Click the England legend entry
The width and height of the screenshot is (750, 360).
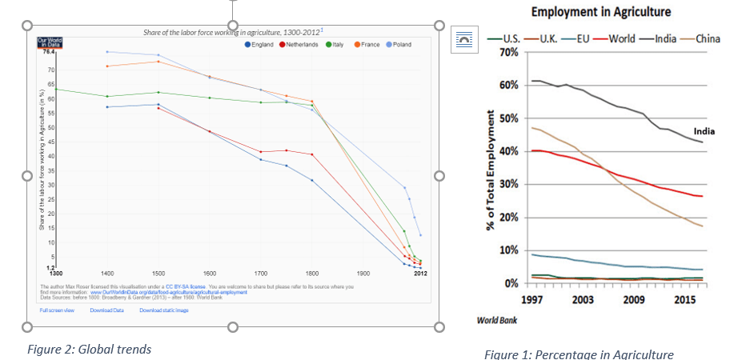(x=260, y=45)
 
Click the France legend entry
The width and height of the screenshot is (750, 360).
(x=367, y=45)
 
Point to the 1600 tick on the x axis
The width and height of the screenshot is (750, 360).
(x=211, y=274)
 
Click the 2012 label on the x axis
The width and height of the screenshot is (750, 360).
(x=420, y=274)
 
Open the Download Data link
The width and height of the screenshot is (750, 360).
(x=106, y=310)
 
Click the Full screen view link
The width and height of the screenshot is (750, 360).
(x=57, y=310)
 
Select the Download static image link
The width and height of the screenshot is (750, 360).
(x=164, y=310)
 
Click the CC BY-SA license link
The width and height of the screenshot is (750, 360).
(x=186, y=286)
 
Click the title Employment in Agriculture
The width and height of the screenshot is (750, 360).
(x=601, y=12)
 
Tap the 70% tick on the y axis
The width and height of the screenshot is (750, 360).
(x=508, y=52)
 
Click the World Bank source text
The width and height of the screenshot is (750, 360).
(x=496, y=320)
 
